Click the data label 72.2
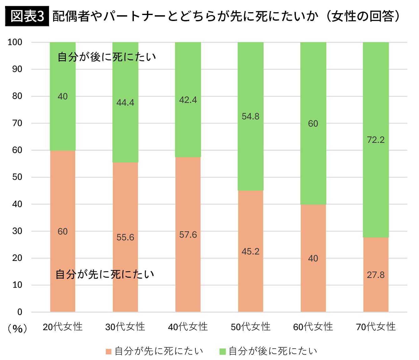[x=376, y=140]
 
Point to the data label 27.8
[x=376, y=275]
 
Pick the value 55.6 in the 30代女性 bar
[x=125, y=237]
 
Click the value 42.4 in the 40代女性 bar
[x=188, y=100]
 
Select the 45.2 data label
[x=250, y=251]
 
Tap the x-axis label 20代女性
[x=63, y=327]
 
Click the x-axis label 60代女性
[x=313, y=327]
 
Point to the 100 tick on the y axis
[x=15, y=42]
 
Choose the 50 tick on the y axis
[x=17, y=177]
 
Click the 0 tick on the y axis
[x=20, y=312]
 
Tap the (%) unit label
[x=18, y=328]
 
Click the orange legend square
[x=109, y=351]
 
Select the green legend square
[x=223, y=351]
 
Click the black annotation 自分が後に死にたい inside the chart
[x=107, y=57]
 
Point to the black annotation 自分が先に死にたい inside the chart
[x=105, y=274]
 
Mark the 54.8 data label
[x=250, y=116]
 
